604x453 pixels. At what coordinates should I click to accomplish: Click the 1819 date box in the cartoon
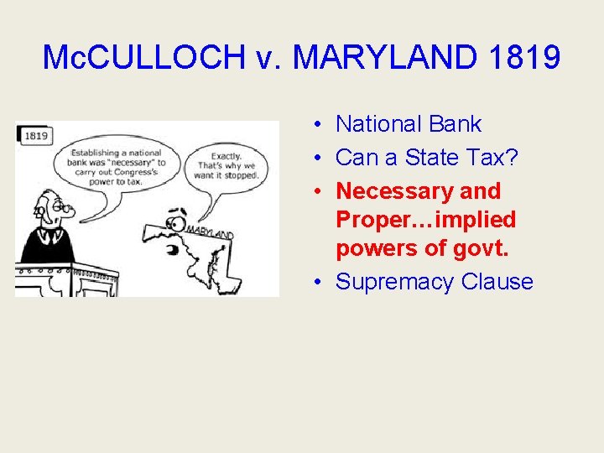click(x=35, y=135)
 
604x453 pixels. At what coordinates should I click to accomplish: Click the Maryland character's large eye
click(x=177, y=224)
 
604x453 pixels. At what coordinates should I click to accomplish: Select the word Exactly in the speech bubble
click(x=226, y=156)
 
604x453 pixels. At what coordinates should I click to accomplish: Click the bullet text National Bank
click(x=409, y=124)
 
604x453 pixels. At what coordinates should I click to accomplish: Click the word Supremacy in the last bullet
click(x=395, y=282)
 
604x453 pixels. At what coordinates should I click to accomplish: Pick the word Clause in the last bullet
click(x=497, y=282)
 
